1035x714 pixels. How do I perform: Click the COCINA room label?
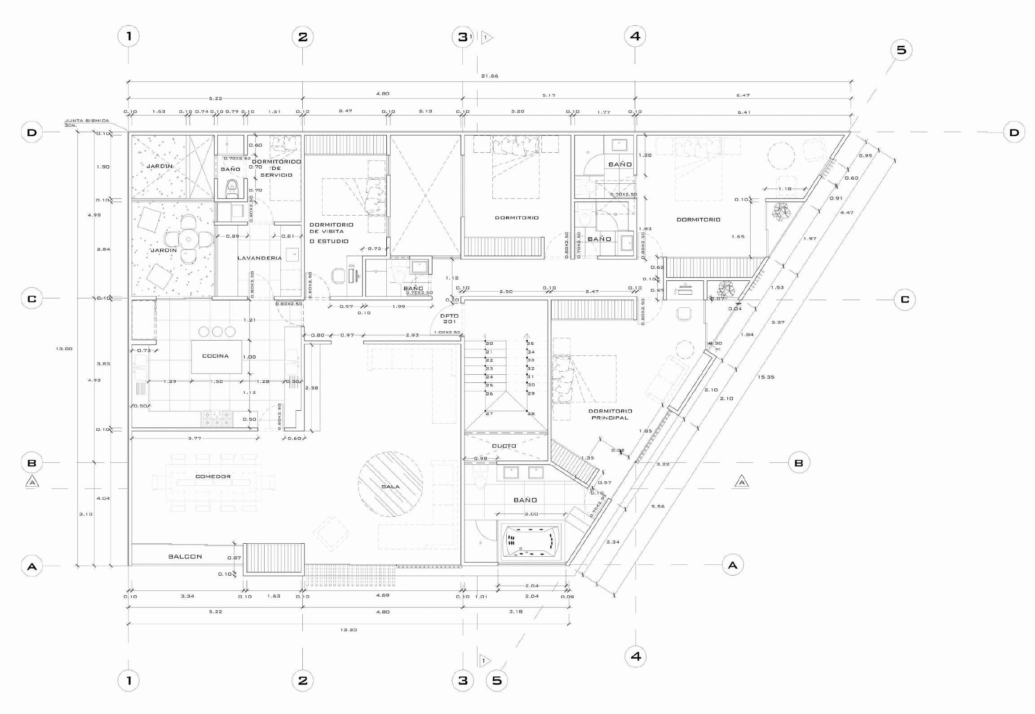coord(216,356)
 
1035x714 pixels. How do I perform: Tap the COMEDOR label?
coord(213,476)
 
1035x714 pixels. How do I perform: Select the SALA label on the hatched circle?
coord(390,487)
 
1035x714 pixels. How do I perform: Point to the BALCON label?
coord(185,557)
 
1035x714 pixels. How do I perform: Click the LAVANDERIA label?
coord(260,258)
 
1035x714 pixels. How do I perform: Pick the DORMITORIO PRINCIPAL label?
coord(610,414)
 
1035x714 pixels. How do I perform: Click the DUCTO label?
coord(504,446)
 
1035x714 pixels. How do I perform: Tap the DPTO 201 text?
coord(449,319)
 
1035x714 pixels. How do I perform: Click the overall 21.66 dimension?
coord(490,76)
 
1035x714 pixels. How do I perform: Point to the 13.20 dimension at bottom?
coord(349,630)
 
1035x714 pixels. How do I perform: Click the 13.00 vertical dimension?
coord(64,349)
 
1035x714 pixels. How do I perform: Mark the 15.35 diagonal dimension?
coord(766,377)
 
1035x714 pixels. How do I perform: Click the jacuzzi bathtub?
coord(531,542)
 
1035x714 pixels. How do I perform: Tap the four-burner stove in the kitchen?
coord(217,419)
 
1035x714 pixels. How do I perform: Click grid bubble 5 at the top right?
coord(901,50)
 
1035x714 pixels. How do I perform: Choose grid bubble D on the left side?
coord(32,133)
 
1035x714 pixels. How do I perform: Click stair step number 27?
coord(489,413)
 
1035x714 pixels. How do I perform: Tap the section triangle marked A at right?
coord(742,483)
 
